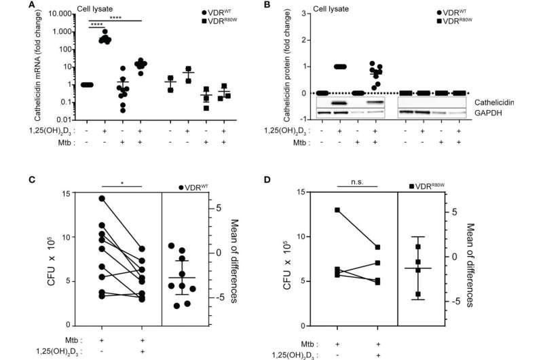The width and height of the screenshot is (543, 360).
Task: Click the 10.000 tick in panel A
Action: point(62,14)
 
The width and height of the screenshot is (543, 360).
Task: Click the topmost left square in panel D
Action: point(337,210)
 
